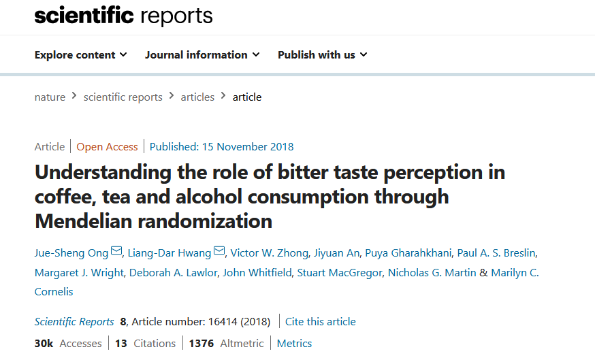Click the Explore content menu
click(x=80, y=55)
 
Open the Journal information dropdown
click(x=202, y=55)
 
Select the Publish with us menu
click(x=322, y=55)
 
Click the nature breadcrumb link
click(x=50, y=97)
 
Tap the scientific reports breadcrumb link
click(x=123, y=97)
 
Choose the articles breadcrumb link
click(x=197, y=97)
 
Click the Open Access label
click(x=107, y=146)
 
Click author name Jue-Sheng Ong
click(x=71, y=253)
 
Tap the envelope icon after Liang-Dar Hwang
click(x=219, y=252)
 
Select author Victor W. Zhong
click(x=268, y=253)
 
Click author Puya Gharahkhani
click(x=408, y=253)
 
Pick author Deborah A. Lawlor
click(x=174, y=272)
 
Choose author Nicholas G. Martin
click(x=432, y=272)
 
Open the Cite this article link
click(x=320, y=321)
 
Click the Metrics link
click(x=294, y=343)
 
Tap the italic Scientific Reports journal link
click(x=74, y=321)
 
